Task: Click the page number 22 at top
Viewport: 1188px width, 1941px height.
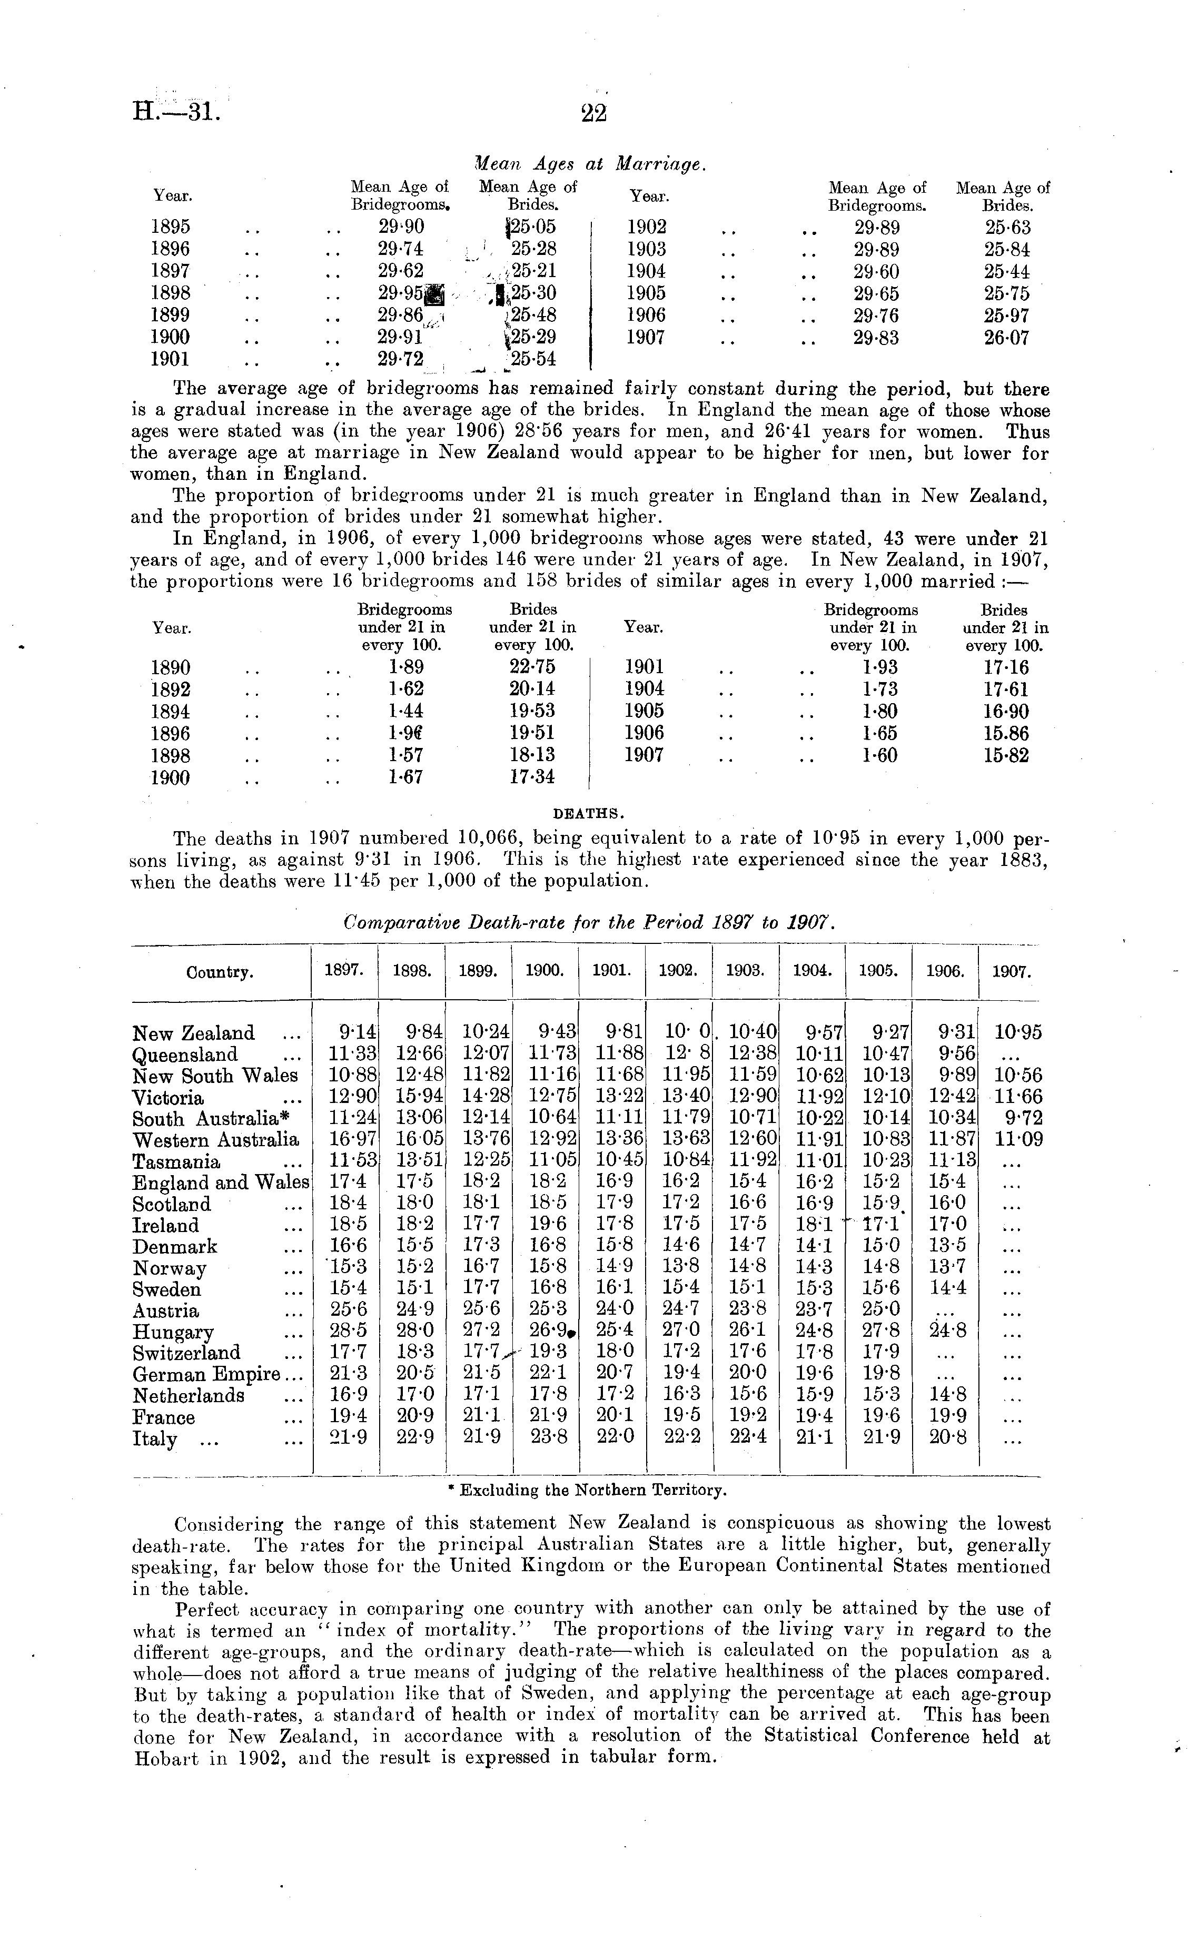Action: (x=593, y=113)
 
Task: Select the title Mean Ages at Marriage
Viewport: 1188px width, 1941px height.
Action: (x=591, y=163)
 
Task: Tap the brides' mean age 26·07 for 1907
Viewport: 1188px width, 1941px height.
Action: (x=1006, y=338)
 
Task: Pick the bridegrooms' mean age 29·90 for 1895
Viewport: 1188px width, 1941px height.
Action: (x=401, y=227)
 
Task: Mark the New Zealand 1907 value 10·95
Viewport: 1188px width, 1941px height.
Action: (x=1018, y=1032)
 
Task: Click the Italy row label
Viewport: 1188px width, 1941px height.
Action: (x=155, y=1439)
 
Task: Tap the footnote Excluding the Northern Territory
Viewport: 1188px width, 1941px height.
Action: (x=586, y=1490)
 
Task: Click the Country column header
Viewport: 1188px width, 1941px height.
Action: (x=220, y=972)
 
